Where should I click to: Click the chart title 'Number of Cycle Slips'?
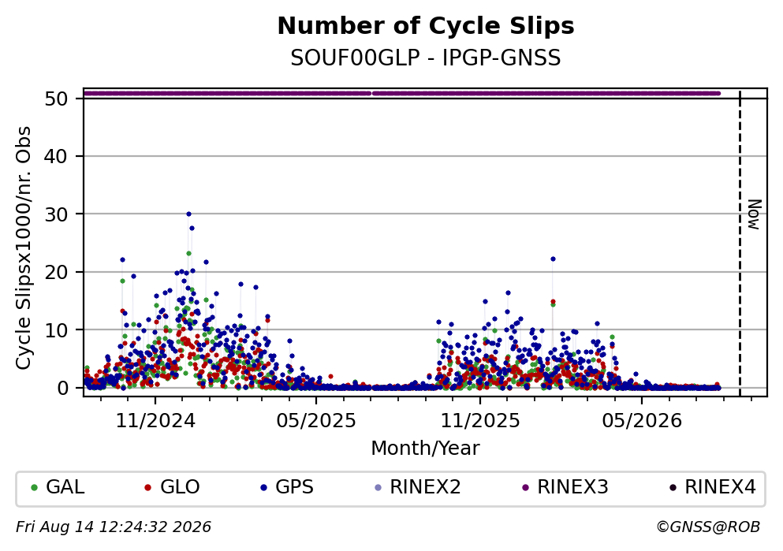[426, 26]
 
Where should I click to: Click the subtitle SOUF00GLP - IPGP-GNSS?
[426, 58]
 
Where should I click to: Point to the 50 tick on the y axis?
[57, 99]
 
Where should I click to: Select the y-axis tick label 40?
[57, 157]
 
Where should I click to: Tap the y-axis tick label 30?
[57, 214]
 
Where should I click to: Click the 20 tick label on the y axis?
[57, 273]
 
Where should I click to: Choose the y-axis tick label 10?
[57, 330]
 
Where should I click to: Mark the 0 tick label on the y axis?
[63, 389]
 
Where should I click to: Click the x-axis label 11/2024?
[155, 421]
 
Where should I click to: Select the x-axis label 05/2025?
[316, 421]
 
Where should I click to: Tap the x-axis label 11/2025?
[480, 421]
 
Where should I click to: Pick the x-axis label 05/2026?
[642, 421]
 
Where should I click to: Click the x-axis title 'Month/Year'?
[425, 449]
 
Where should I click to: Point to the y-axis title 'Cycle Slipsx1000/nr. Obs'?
[24, 248]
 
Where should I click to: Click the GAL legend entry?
[58, 487]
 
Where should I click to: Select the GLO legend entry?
[172, 487]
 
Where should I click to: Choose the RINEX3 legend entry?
[565, 487]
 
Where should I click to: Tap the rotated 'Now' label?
[754, 214]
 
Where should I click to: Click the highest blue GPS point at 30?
[188, 214]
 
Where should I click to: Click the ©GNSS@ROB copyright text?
[708, 527]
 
